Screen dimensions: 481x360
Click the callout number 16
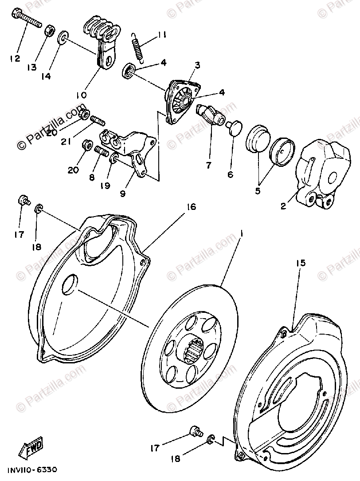coord(191,206)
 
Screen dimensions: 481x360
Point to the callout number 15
coord(300,264)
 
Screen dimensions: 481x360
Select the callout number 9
coord(122,193)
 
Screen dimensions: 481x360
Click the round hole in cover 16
coord(70,284)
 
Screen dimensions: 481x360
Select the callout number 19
coord(105,186)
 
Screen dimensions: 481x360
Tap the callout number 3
coord(196,65)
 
